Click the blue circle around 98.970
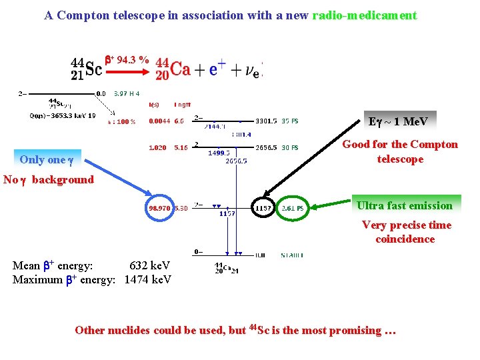click(x=163, y=209)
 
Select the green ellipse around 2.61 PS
click(x=291, y=208)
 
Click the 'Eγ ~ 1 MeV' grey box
click(x=398, y=121)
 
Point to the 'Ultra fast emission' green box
click(x=404, y=205)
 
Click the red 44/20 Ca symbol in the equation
click(x=173, y=68)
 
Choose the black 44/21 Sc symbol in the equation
click(x=87, y=68)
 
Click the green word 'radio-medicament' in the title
click(x=365, y=15)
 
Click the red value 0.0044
click(x=158, y=121)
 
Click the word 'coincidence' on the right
click(x=405, y=239)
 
